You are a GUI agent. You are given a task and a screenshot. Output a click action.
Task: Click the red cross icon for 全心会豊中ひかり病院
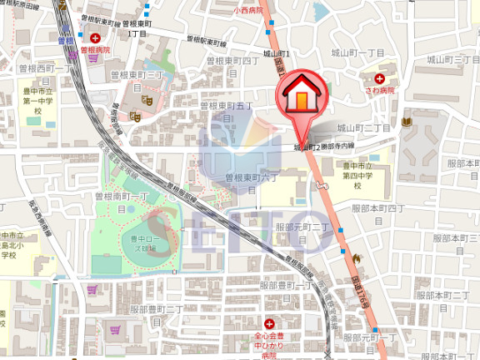269,323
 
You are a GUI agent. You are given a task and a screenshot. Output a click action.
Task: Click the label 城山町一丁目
359,53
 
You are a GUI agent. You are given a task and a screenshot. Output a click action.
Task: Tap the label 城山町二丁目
364,128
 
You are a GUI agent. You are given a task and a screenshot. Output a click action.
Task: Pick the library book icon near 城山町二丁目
406,122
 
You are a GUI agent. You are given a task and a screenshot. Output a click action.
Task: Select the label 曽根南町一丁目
120,201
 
